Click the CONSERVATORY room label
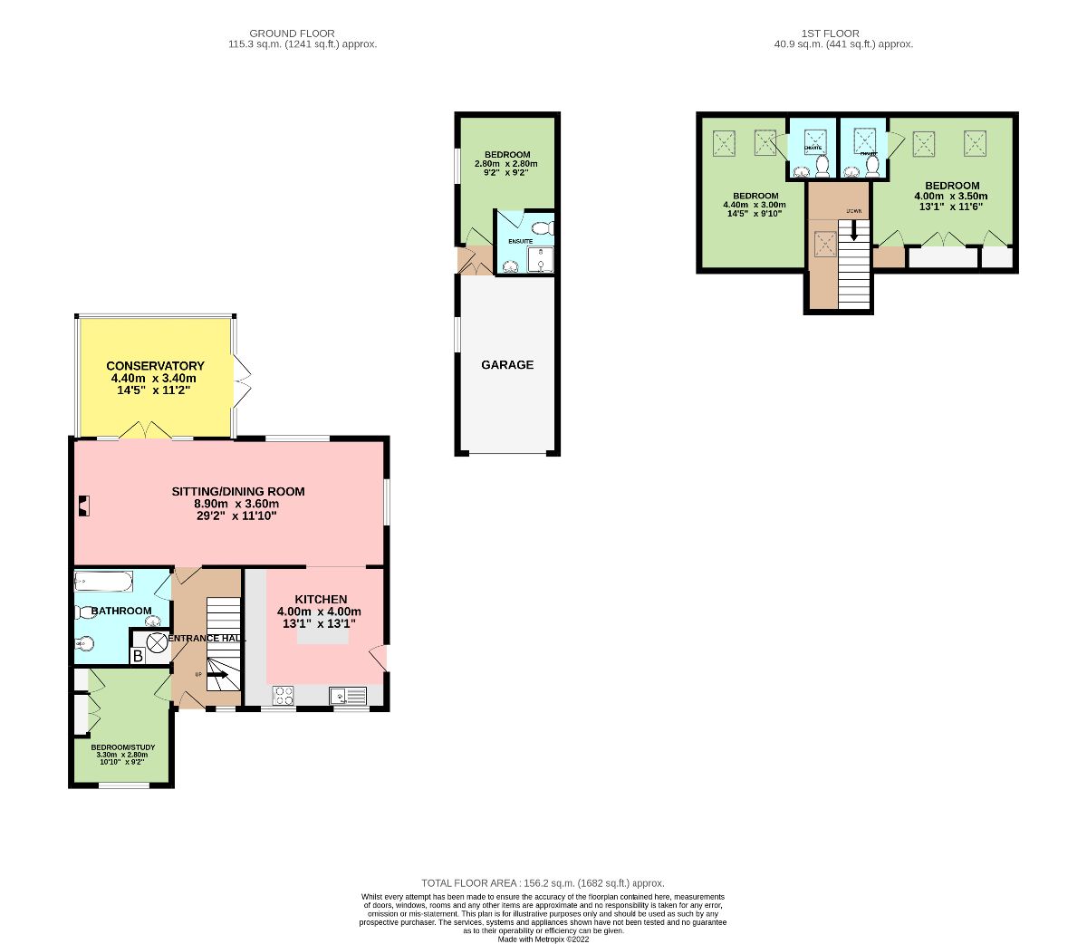coord(155,366)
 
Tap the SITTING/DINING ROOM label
coord(238,492)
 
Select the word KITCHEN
coord(321,600)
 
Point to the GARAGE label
coord(507,365)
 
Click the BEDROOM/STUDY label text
coord(122,747)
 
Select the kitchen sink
coord(348,696)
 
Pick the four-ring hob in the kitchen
coord(283,696)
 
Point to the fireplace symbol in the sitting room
coord(83,505)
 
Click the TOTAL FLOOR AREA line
coord(543,883)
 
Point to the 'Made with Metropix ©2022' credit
coord(543,939)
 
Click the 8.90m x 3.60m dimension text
coord(236,504)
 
